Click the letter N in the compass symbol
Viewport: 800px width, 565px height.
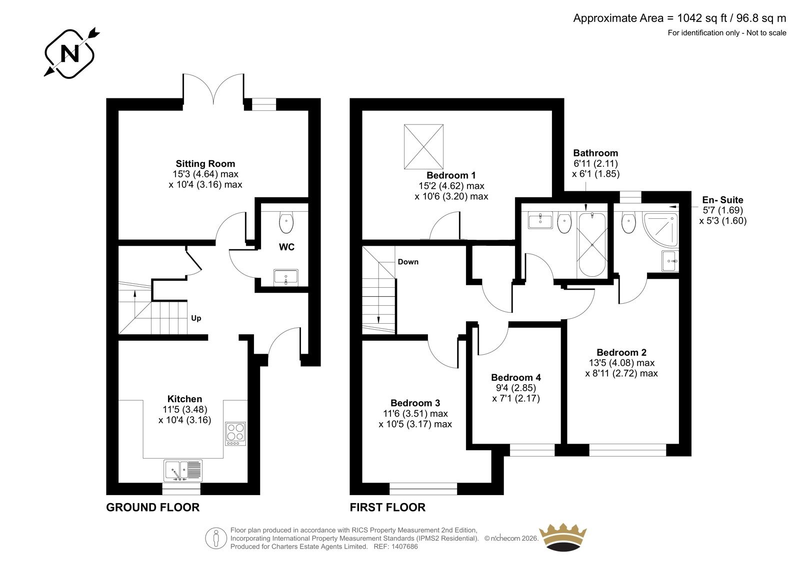[x=70, y=54]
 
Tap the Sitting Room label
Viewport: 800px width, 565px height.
[x=205, y=164]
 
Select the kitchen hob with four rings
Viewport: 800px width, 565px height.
[x=235, y=434]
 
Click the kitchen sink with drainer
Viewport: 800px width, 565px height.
[x=183, y=471]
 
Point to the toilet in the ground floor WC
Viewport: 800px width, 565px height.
[x=286, y=222]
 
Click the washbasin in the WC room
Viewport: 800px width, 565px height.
[x=285, y=278]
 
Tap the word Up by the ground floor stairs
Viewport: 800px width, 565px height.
[x=196, y=318]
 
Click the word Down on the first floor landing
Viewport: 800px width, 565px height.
[x=408, y=262]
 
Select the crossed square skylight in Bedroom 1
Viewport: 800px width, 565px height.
[x=423, y=146]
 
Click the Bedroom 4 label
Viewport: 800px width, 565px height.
[x=515, y=377]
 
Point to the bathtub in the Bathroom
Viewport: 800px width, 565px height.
[x=592, y=245]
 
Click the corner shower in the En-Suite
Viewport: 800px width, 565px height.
[x=660, y=230]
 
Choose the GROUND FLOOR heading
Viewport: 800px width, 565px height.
[x=153, y=507]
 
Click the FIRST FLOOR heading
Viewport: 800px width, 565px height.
[x=387, y=507]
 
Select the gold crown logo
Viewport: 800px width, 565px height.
[x=563, y=538]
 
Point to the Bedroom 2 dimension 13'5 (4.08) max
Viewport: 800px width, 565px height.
[x=621, y=363]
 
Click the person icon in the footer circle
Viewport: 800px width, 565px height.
[x=215, y=538]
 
